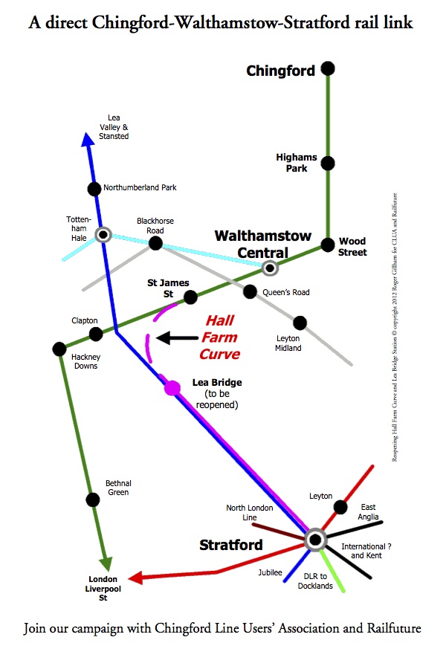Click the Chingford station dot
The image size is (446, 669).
coord(328,69)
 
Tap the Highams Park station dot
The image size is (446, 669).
coord(328,163)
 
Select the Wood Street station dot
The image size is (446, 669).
coord(328,244)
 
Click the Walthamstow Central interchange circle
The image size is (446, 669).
coord(270,268)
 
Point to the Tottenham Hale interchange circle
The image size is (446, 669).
coord(103,235)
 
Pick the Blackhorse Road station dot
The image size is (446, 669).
coord(155,242)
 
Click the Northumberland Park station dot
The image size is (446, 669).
coord(94,189)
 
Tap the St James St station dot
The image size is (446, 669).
coord(190,297)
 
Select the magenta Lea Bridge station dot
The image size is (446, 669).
coord(172,387)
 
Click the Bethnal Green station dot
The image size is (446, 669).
coord(92,500)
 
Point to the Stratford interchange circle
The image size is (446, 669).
coord(315,540)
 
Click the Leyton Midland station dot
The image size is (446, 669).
coord(300,323)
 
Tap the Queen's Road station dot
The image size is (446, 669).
coord(250,292)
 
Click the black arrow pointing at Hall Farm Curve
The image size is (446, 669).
coord(175,338)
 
